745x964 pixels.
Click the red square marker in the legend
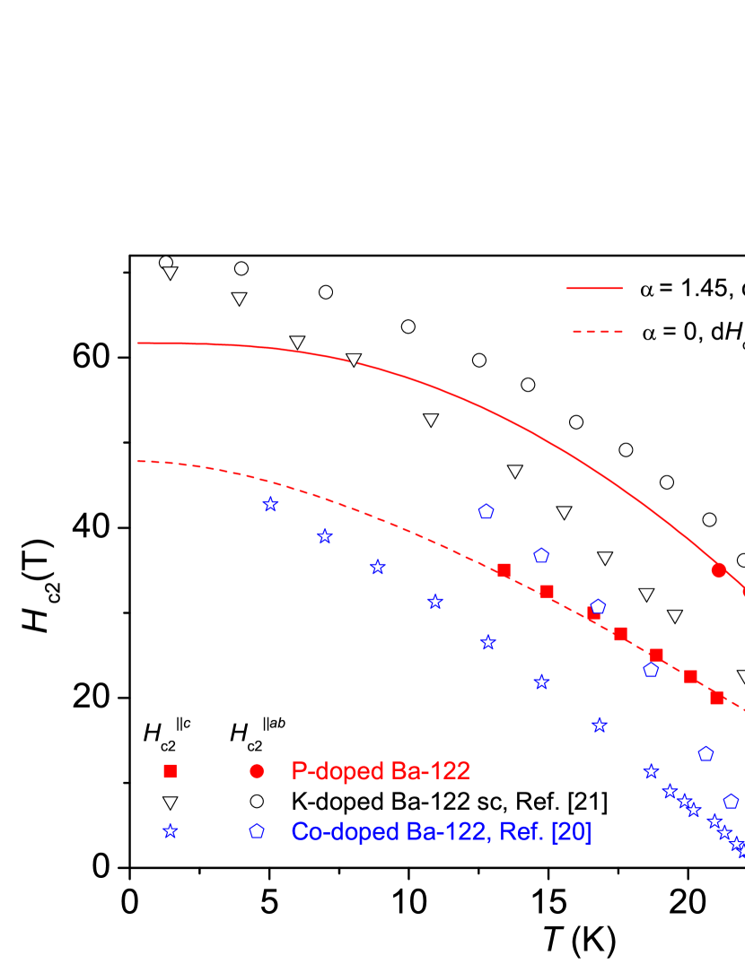point(170,771)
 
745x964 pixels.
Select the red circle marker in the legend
point(257,771)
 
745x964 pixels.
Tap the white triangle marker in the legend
point(170,803)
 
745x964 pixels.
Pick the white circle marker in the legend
point(257,801)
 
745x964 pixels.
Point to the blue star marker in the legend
point(170,831)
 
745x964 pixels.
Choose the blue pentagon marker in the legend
point(257,831)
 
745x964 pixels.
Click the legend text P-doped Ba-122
point(381,771)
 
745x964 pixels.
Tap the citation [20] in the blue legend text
point(571,832)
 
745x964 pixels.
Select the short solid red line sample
point(594,289)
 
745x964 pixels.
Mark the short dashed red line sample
point(597,332)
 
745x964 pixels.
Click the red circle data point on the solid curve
point(718,569)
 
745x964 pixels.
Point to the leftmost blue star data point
point(270,504)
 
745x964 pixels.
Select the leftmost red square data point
point(504,570)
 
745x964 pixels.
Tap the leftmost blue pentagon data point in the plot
point(486,511)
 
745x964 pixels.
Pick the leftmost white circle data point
point(166,262)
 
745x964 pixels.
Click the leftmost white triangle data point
point(170,274)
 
